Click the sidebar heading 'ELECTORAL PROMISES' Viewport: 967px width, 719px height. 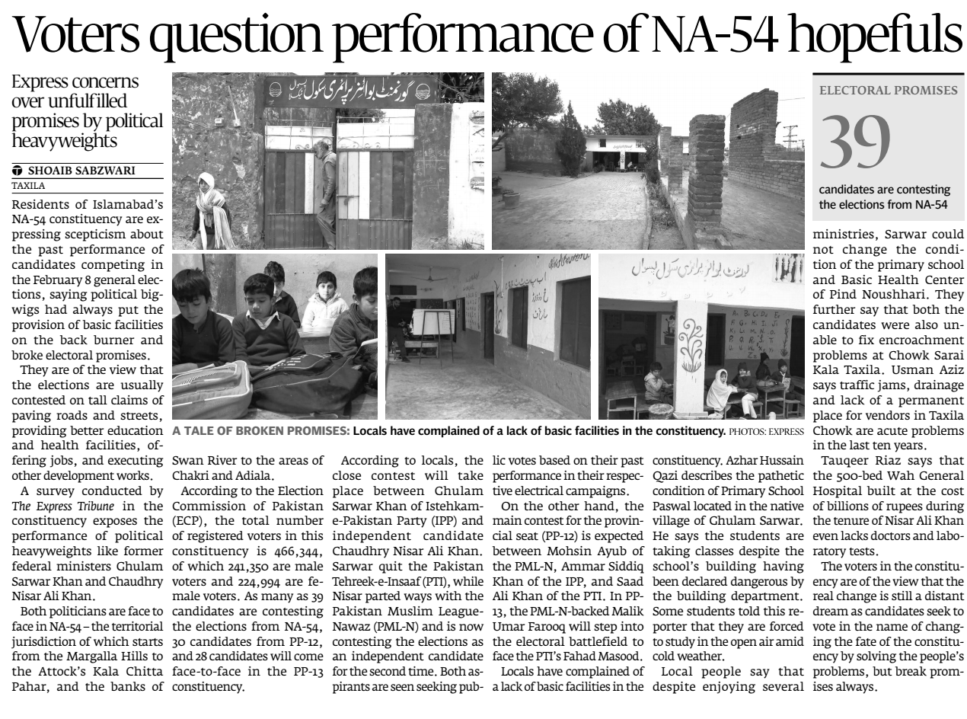(x=888, y=91)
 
